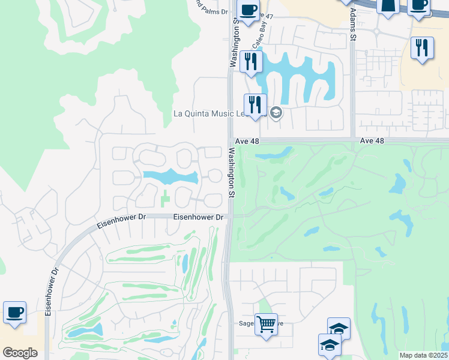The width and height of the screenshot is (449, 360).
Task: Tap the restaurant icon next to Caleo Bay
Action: pyautogui.click(x=251, y=60)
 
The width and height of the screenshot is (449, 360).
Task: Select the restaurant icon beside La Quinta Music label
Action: pyautogui.click(x=255, y=104)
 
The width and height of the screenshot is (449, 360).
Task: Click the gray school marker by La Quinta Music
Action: pyautogui.click(x=276, y=113)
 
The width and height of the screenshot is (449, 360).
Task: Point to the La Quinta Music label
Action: pyautogui.click(x=210, y=113)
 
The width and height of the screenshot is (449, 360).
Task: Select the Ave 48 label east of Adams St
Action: pyautogui.click(x=372, y=140)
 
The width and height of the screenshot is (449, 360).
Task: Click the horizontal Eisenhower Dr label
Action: pyautogui.click(x=199, y=217)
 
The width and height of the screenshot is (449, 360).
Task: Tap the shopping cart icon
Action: pyautogui.click(x=266, y=323)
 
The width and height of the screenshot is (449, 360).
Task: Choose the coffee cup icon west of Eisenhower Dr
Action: pyautogui.click(x=14, y=312)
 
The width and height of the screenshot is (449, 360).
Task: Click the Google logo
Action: pyautogui.click(x=20, y=352)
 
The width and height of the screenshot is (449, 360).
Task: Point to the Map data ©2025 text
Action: pyautogui.click(x=423, y=355)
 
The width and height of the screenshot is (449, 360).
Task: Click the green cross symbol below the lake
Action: pyautogui.click(x=164, y=196)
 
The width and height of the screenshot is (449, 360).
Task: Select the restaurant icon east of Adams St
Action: pyautogui.click(x=422, y=47)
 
